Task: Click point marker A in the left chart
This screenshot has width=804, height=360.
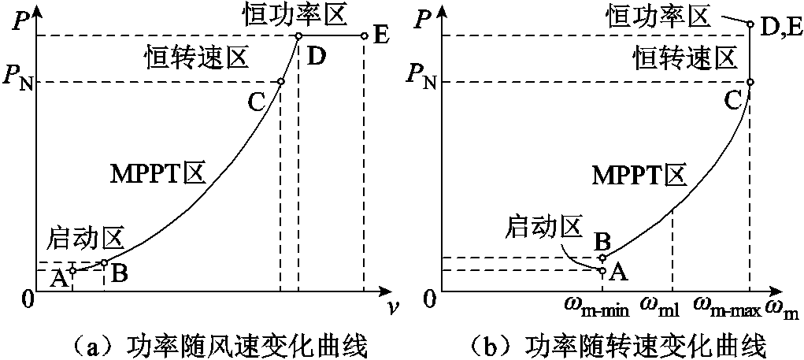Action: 72,270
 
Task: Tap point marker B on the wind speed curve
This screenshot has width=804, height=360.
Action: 104,262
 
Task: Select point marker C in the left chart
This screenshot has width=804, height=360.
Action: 281,82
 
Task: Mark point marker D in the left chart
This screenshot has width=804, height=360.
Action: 298,36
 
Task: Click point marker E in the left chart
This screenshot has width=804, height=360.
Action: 364,36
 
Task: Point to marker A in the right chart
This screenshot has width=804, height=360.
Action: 602,270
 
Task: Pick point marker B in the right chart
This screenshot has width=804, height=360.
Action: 602,258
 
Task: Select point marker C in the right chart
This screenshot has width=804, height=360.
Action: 750,82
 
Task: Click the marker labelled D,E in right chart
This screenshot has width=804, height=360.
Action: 750,24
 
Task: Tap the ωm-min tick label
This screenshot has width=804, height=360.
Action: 596,306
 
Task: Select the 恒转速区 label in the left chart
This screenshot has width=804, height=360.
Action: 197,57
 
